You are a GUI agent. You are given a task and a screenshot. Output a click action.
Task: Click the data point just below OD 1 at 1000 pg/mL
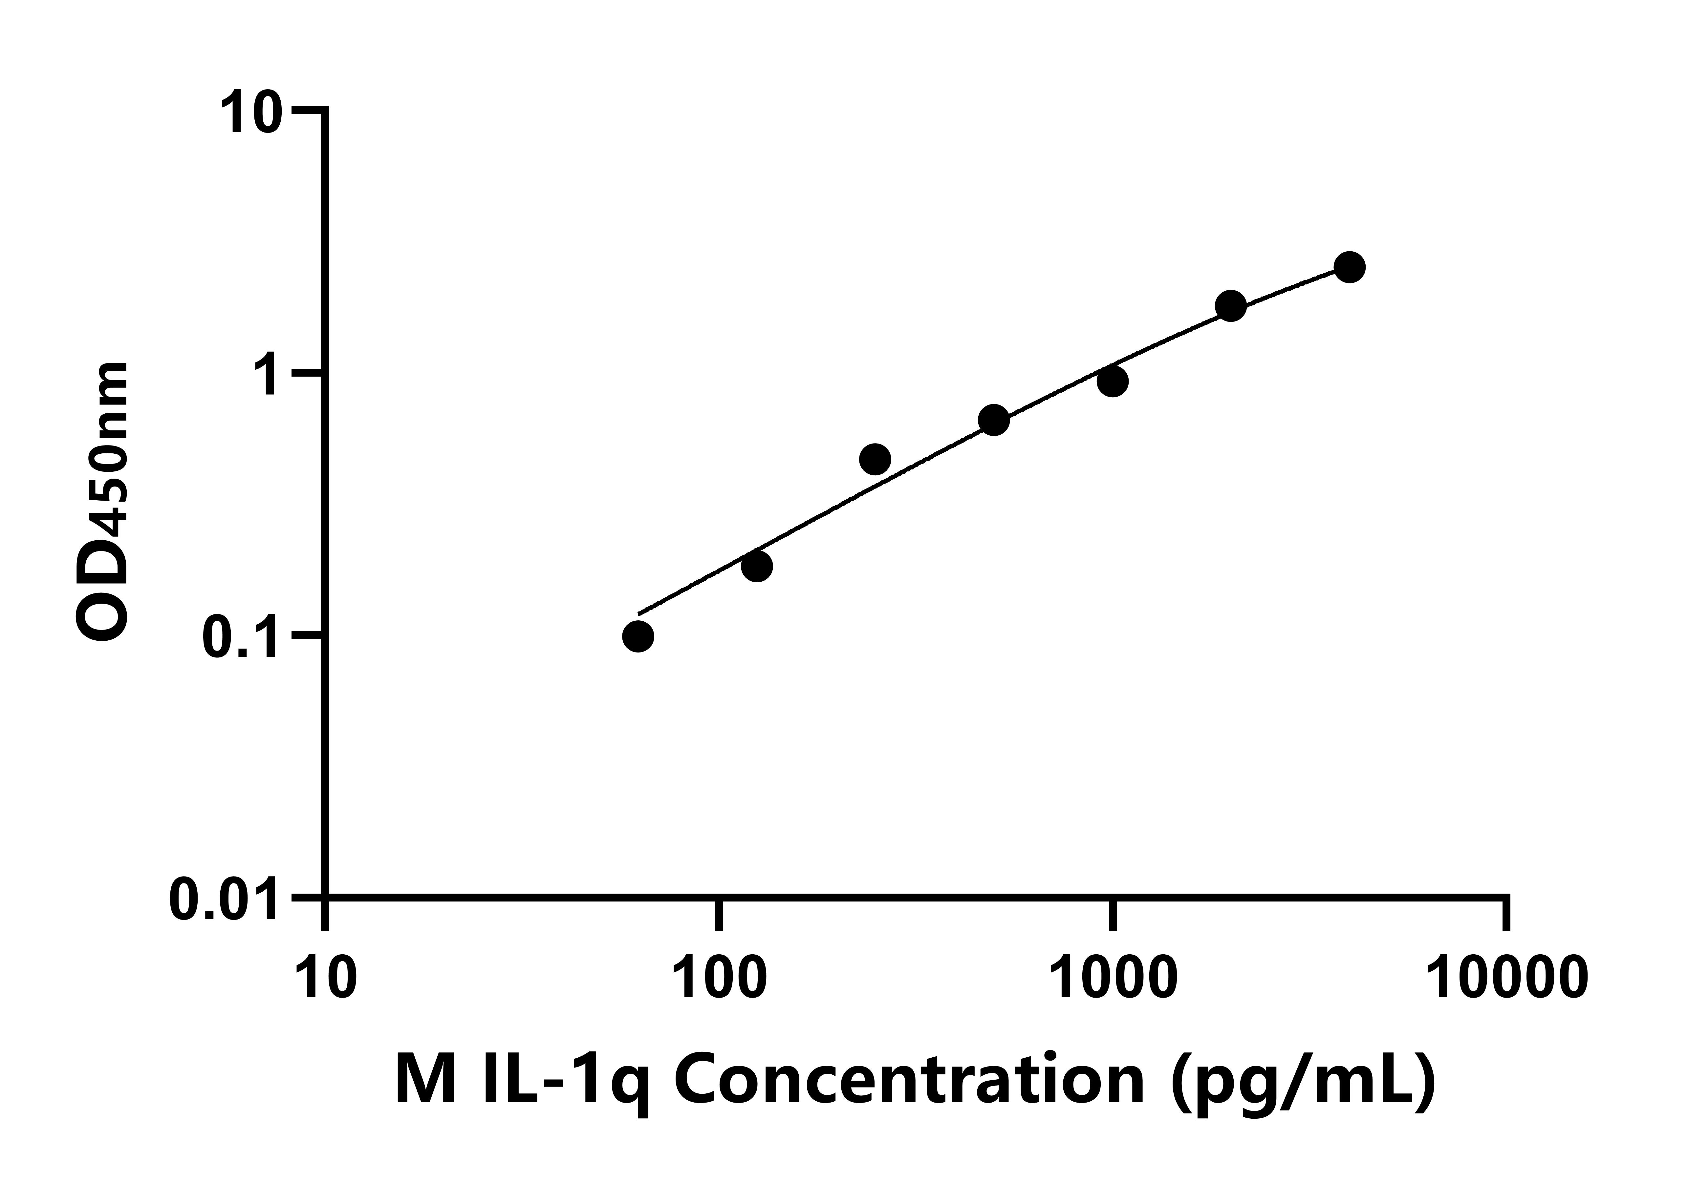1113,381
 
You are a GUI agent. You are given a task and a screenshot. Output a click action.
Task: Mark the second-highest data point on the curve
1231,306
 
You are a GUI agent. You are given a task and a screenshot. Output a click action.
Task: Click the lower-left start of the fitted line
639,612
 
